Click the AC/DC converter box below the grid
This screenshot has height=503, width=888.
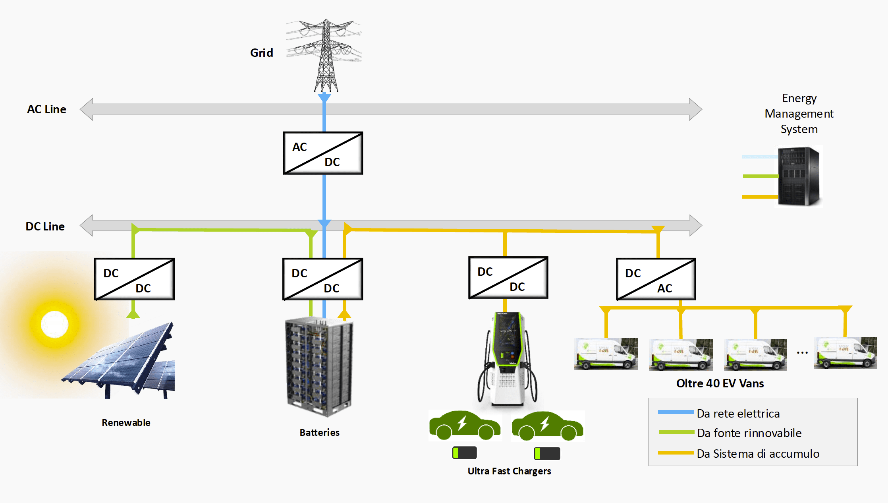coord(323,153)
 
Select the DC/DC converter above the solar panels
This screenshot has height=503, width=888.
coord(134,279)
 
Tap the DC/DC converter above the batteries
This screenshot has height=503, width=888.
coord(322,279)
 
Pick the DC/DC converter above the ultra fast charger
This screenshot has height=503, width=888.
coord(508,277)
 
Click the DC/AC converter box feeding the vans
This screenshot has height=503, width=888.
coord(656,279)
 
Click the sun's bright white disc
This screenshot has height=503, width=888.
coord(55,324)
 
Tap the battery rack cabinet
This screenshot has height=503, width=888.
coord(319,366)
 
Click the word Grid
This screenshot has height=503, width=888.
coord(262,53)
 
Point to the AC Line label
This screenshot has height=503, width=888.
coord(46,109)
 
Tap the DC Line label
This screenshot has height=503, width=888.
coord(45,226)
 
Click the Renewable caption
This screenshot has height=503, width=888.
coord(126,423)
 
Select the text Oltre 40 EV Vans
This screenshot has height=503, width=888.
coord(720,383)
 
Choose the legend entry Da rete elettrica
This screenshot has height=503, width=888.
coord(738,414)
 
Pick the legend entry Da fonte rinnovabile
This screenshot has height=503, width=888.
coord(749,433)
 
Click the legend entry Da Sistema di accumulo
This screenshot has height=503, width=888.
coord(758,454)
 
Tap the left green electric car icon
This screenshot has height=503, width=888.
coord(465,426)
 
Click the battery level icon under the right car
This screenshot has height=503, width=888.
coord(547,453)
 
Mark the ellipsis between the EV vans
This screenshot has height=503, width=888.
coord(802,353)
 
